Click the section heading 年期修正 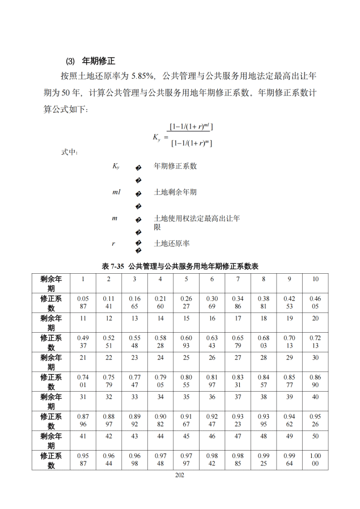point(99,61)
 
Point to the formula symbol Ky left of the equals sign point(156,138)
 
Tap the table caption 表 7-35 point(113,265)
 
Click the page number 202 point(180,475)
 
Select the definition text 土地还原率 point(172,244)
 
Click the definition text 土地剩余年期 point(175,192)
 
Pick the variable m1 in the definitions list point(116,192)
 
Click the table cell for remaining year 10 point(315,279)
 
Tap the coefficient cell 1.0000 point(315,459)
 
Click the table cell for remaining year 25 point(187,357)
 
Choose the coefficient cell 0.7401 point(83,381)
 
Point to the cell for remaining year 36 point(212,397)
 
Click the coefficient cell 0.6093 point(187,342)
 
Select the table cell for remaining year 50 point(315,436)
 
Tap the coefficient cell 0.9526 point(315,420)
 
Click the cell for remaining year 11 point(83,318)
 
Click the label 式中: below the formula point(69,152)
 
